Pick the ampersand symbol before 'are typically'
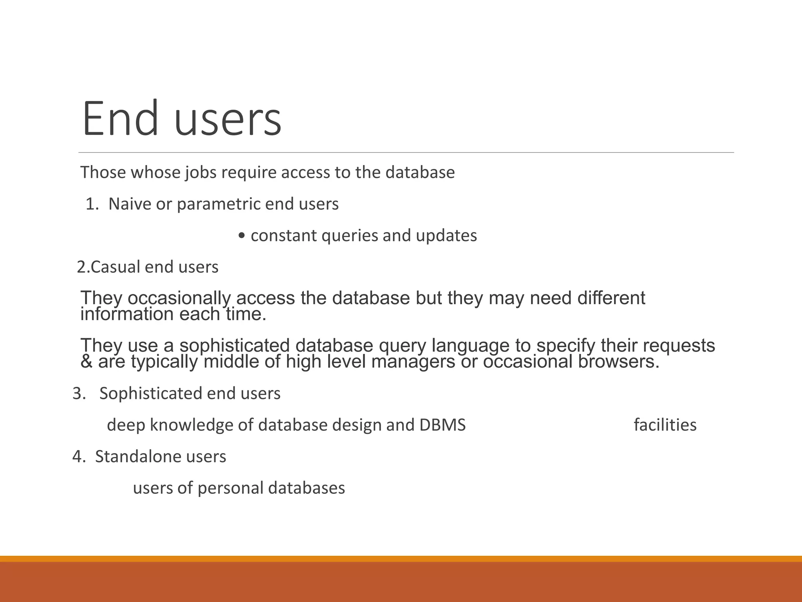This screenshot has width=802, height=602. click(x=86, y=361)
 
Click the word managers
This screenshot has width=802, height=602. click(x=413, y=361)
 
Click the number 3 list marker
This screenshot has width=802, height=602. click(x=78, y=393)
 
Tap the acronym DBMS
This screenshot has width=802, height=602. click(x=442, y=425)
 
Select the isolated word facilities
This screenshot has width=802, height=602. click(x=665, y=425)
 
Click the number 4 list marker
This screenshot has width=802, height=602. click(x=78, y=457)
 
